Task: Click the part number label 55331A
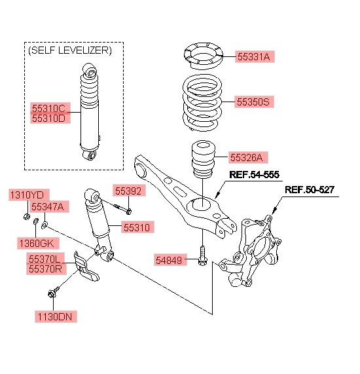pyautogui.click(x=255, y=57)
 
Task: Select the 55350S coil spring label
pyautogui.click(x=254, y=102)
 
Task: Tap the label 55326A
pyautogui.click(x=247, y=157)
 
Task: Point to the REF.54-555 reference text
pyautogui.click(x=254, y=175)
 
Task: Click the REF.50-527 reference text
pyautogui.click(x=310, y=190)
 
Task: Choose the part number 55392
pyautogui.click(x=129, y=191)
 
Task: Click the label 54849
pyautogui.click(x=170, y=260)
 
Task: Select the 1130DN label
pyautogui.click(x=56, y=317)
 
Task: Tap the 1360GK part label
pyautogui.click(x=38, y=243)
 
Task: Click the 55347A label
pyautogui.click(x=49, y=206)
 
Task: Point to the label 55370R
pyautogui.click(x=46, y=269)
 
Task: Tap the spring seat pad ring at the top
pyautogui.click(x=204, y=56)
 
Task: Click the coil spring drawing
pyautogui.click(x=202, y=103)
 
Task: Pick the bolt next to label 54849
pyautogui.click(x=202, y=256)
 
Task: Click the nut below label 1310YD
pyautogui.click(x=26, y=216)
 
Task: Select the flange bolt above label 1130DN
pyautogui.click(x=53, y=292)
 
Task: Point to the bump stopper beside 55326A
pyautogui.click(x=203, y=159)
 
